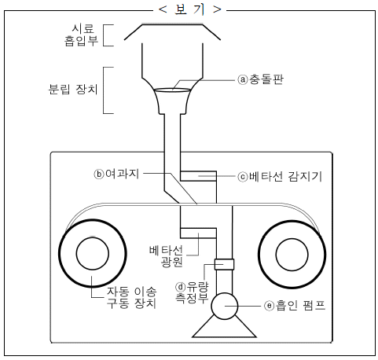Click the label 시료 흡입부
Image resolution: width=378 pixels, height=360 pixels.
pos(82,35)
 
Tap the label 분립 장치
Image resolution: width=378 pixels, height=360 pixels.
pos(73,89)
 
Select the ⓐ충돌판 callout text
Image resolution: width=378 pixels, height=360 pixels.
pos(260,79)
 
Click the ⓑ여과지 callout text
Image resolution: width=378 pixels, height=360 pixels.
pos(116,174)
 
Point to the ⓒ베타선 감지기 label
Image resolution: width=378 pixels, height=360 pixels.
pos(280,177)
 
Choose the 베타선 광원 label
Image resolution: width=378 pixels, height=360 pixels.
pos(167,256)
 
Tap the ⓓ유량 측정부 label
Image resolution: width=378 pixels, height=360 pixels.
pos(192,292)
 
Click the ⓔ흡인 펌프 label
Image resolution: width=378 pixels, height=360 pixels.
pos(295,306)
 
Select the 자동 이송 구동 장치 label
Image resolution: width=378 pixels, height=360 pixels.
pos(131,297)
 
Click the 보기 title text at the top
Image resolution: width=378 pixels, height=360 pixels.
pos(190,9)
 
